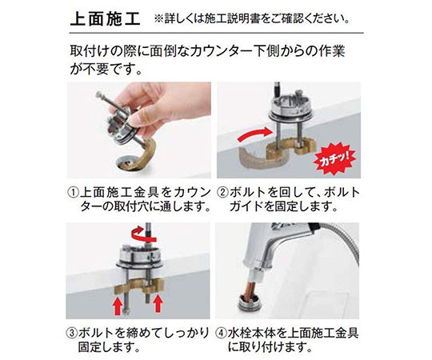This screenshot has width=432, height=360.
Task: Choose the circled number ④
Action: click(225, 330)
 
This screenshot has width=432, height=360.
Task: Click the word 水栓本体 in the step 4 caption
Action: click(259, 330)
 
